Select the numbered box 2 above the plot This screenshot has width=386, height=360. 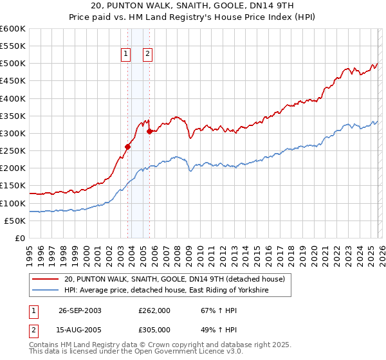pos(147,54)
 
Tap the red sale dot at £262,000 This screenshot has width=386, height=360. pos(127,147)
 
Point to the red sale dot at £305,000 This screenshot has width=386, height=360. pos(149,132)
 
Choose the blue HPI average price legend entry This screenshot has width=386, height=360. pos(166,291)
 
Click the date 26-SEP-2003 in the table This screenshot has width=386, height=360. pos(80,310)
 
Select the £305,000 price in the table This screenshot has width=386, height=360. pos(154,329)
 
